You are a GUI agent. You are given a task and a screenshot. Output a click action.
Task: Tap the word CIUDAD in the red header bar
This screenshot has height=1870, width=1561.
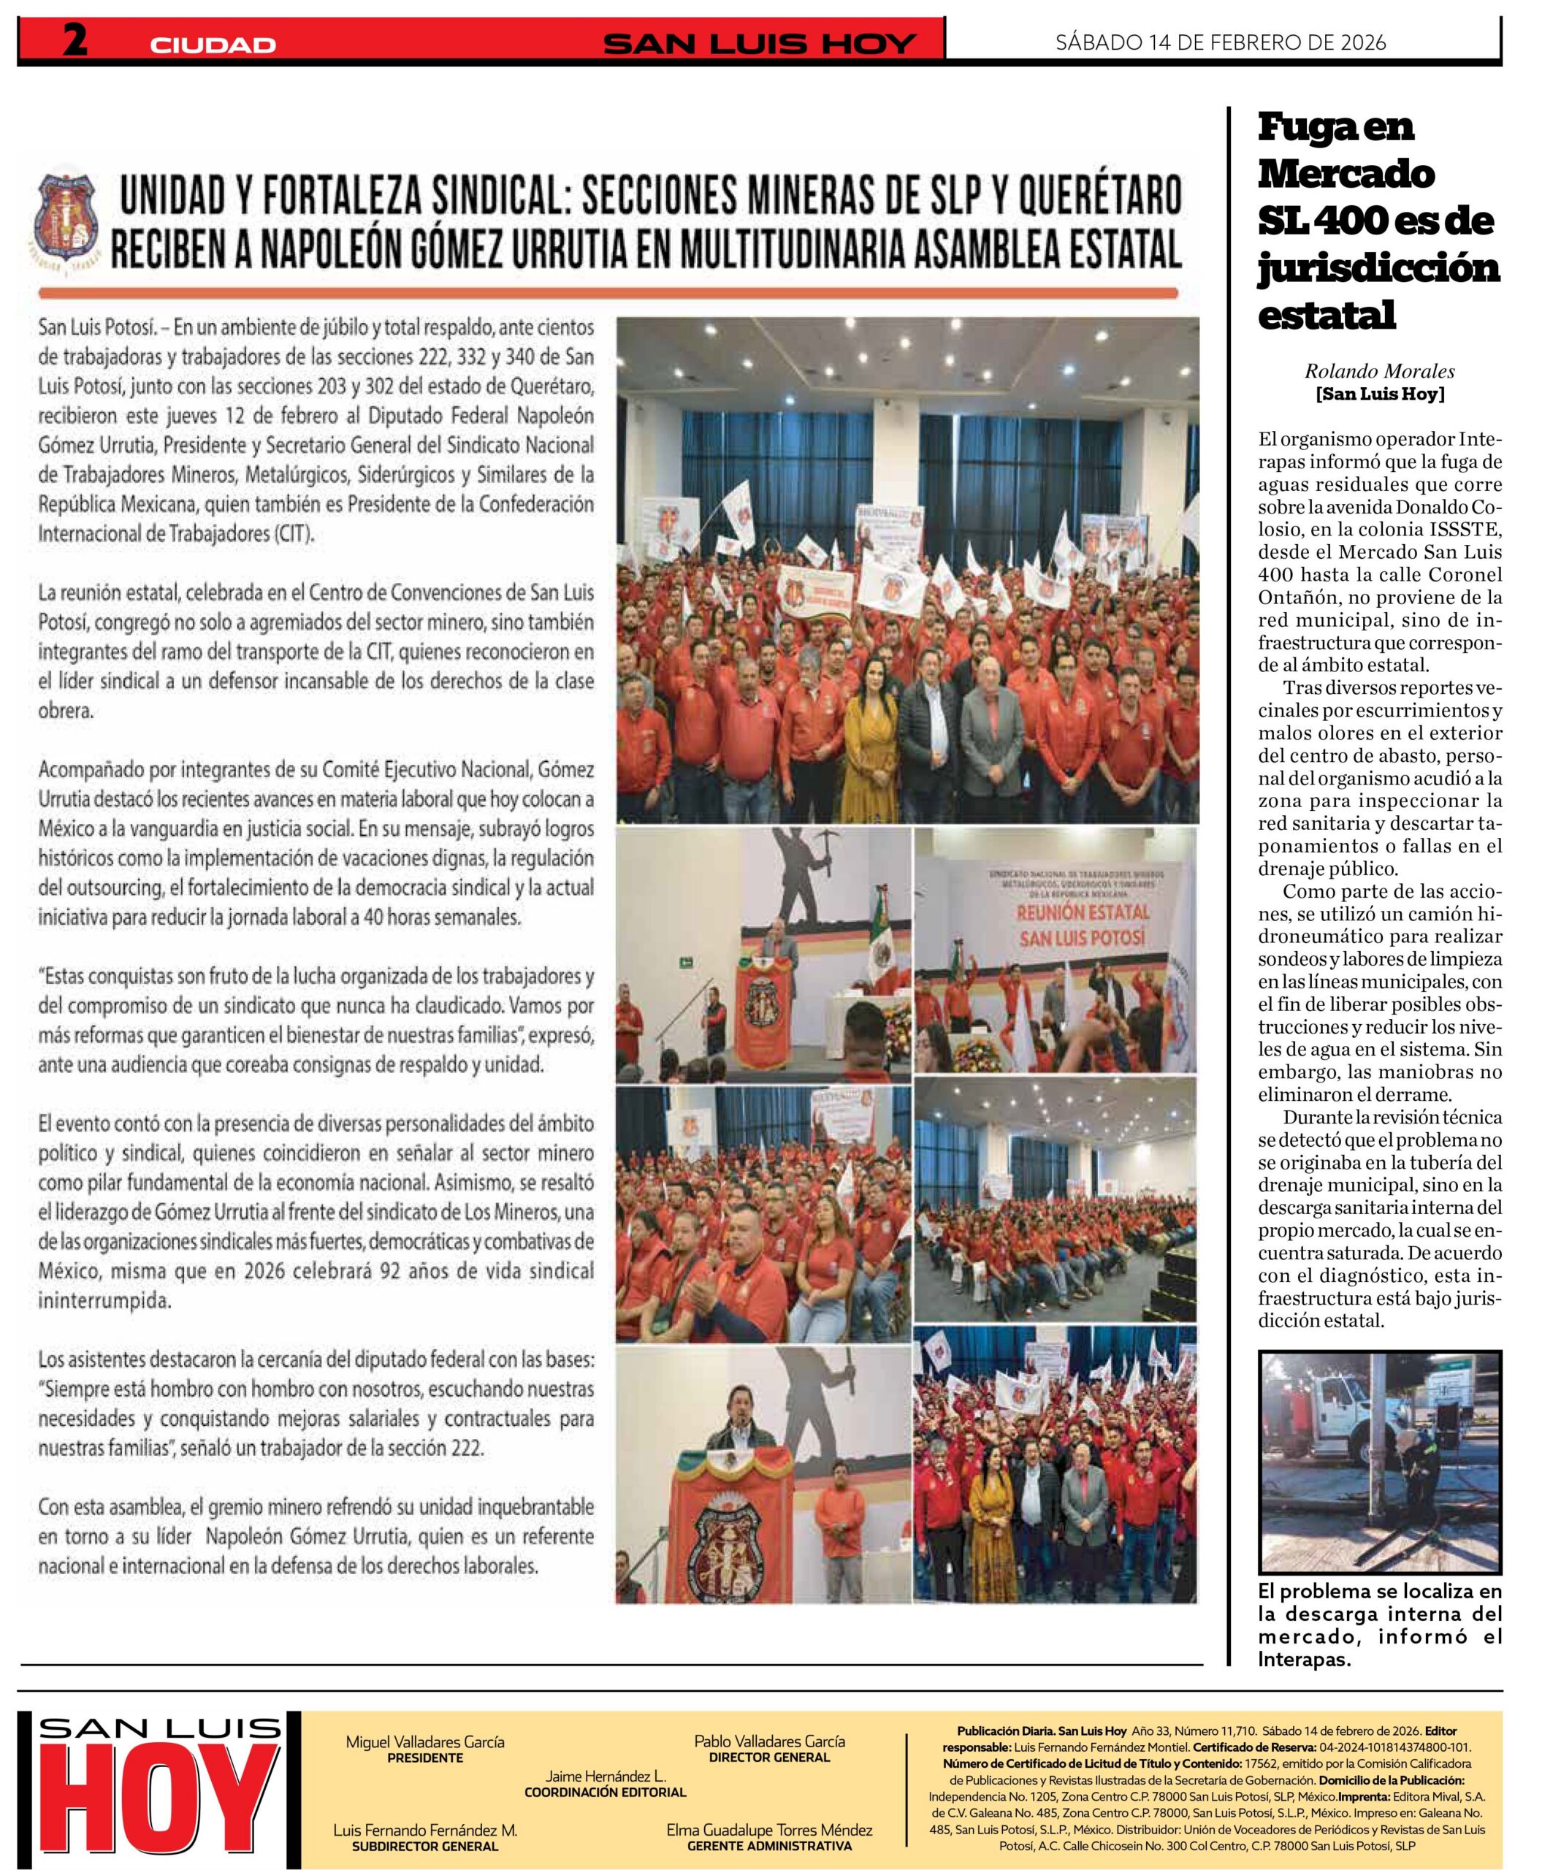(x=213, y=45)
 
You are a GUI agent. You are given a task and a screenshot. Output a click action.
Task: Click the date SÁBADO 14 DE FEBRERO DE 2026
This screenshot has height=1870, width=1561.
(x=1220, y=42)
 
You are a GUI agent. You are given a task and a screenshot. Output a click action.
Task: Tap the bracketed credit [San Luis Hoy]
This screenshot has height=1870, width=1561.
(x=1379, y=394)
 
